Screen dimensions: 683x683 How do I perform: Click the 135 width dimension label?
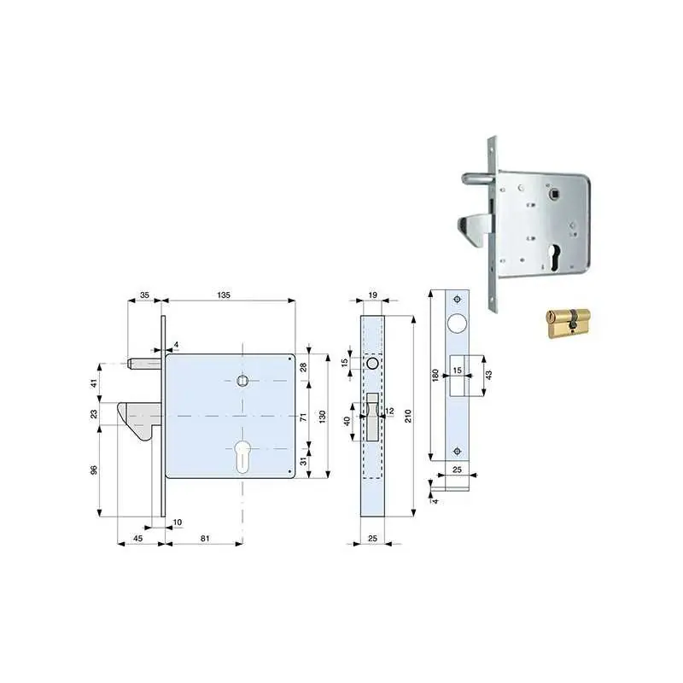pos(224,295)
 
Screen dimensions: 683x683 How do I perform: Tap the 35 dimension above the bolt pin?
pos(144,295)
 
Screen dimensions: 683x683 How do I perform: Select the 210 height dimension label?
pos(408,416)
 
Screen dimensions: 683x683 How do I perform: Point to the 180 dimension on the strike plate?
pos(435,376)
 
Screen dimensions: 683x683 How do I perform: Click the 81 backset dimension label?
pos(205,539)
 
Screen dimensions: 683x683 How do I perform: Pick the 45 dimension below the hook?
pos(137,539)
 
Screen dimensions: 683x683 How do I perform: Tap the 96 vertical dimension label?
pos(94,470)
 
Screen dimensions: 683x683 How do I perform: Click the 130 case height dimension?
pos(323,417)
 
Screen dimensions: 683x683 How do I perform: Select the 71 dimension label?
pos(304,417)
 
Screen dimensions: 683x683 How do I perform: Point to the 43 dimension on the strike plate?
pos(488,375)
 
